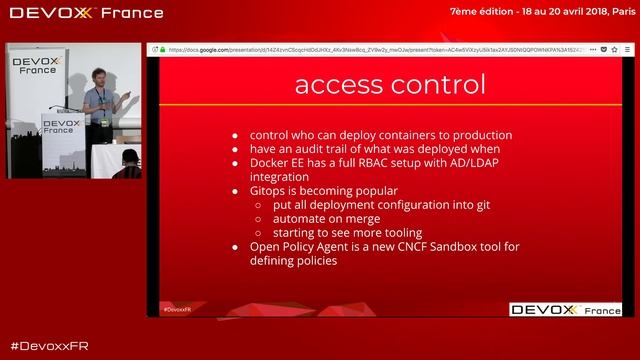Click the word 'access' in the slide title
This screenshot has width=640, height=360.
(x=343, y=84)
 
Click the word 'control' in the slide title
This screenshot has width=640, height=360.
(x=438, y=84)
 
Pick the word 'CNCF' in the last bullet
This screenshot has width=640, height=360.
(x=413, y=246)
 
